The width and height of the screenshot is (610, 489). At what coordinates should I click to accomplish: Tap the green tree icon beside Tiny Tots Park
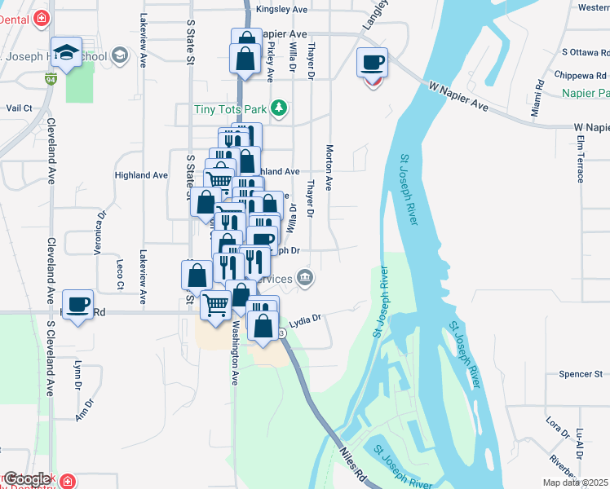pos(280,107)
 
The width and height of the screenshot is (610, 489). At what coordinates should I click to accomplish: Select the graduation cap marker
pos(66,51)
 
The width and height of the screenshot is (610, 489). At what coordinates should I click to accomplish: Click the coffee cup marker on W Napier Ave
pos(373,62)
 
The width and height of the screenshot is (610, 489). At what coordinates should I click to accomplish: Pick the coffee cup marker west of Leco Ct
pos(78,305)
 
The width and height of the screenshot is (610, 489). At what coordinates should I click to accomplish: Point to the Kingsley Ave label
pos(281,10)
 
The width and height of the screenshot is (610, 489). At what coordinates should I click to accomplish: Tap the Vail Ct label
pos(19,108)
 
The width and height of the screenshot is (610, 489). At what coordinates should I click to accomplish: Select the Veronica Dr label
pos(102,234)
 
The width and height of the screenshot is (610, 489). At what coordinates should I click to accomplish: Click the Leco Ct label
pos(119,274)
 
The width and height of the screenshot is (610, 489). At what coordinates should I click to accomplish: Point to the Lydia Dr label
pos(307,319)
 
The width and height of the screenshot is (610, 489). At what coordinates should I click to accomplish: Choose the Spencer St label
pos(580,374)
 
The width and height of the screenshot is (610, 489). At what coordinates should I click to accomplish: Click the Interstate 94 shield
pos(51,80)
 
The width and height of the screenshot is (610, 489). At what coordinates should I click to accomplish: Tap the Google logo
pos(27,479)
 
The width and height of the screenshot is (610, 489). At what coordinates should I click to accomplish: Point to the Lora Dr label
pos(558,428)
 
